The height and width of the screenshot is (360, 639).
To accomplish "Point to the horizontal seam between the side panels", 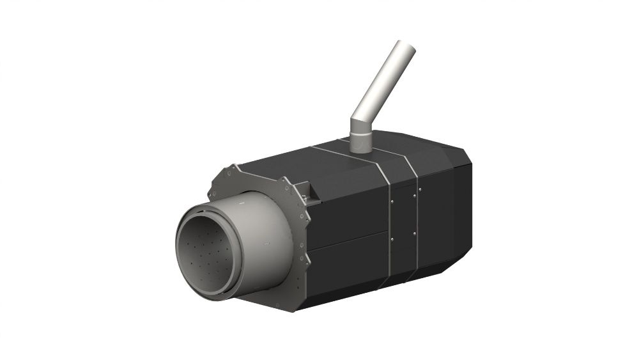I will [348, 239].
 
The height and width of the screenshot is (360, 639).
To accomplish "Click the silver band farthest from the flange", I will [416, 211].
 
